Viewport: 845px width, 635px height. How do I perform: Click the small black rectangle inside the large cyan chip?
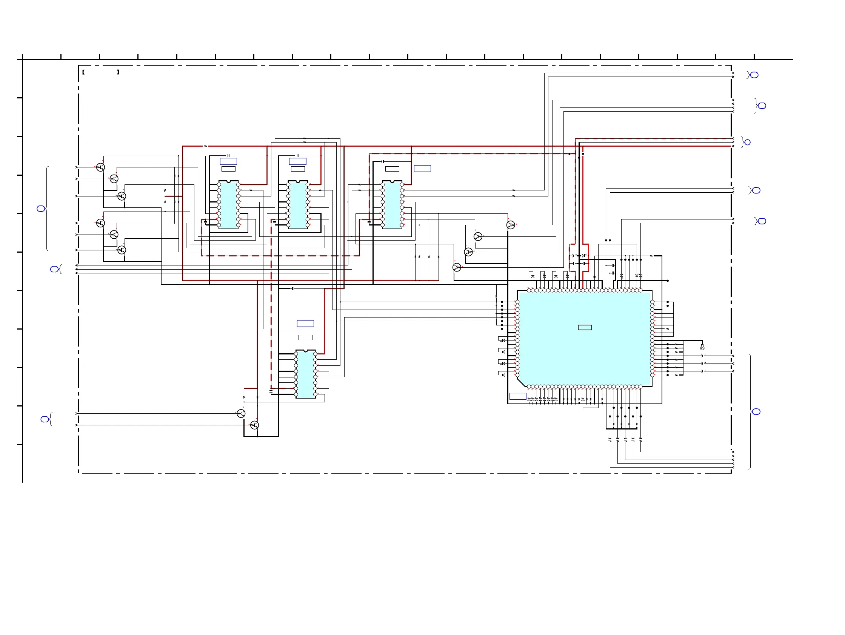(x=585, y=327)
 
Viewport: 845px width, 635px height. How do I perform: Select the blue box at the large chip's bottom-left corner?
(x=518, y=396)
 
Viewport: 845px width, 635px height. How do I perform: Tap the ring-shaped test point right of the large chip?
(x=702, y=348)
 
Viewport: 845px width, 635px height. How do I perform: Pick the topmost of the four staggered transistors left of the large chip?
(x=511, y=225)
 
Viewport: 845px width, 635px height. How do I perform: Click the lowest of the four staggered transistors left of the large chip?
(x=457, y=267)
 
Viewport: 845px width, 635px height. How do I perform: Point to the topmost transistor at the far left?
(x=100, y=167)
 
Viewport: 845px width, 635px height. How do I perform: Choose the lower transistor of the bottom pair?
(x=254, y=425)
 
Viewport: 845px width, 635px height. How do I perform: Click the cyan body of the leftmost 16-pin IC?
(x=228, y=205)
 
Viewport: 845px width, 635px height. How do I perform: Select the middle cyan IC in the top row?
(x=298, y=205)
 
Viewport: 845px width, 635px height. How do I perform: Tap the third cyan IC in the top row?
(x=392, y=205)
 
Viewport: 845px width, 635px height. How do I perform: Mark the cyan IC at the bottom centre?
(x=305, y=374)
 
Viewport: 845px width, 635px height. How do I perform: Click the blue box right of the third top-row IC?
(x=422, y=168)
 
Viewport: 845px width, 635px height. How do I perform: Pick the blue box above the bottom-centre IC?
(x=305, y=323)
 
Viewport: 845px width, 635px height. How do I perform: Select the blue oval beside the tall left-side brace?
(x=41, y=209)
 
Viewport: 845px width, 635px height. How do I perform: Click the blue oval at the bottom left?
(x=45, y=419)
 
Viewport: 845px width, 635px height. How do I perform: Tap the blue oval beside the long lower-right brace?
(x=756, y=411)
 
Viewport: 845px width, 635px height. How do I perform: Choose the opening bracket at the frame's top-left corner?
(x=83, y=72)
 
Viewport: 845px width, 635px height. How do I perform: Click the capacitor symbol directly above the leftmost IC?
(x=228, y=156)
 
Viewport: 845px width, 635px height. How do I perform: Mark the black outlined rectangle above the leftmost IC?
(x=228, y=169)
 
